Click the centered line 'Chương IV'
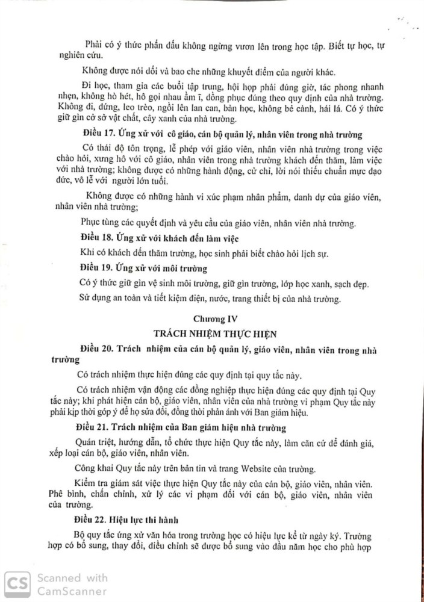211,317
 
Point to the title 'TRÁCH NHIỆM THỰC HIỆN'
211,332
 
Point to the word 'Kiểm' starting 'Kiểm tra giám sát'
88,484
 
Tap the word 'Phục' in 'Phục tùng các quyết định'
90,223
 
